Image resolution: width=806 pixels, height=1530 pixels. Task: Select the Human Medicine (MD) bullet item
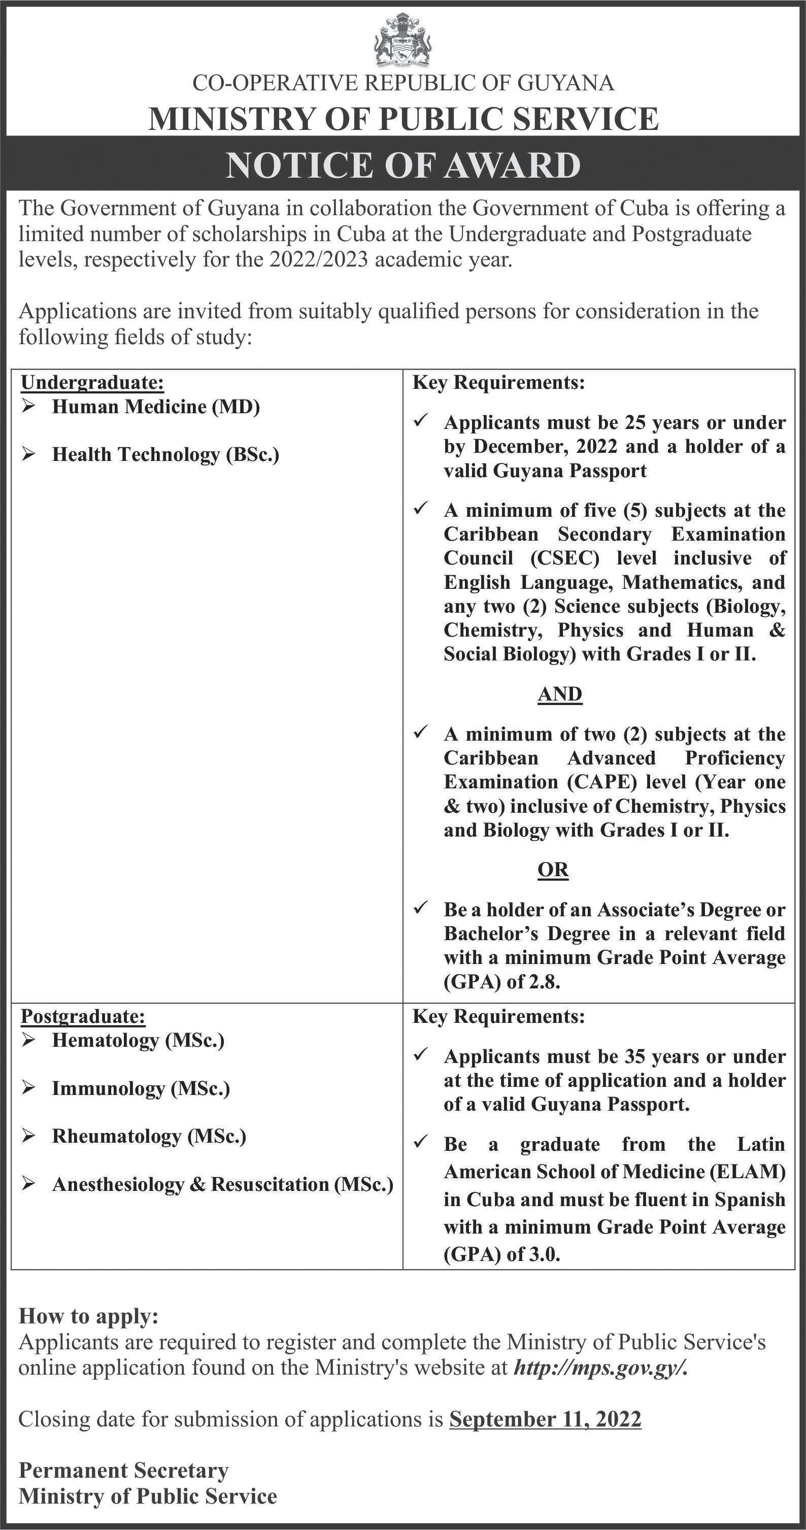pyautogui.click(x=156, y=407)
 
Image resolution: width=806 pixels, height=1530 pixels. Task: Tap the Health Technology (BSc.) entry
pyautogui.click(x=165, y=454)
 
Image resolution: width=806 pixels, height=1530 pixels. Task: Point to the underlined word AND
pyautogui.click(x=559, y=694)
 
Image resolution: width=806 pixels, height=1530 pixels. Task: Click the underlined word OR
pyautogui.click(x=553, y=870)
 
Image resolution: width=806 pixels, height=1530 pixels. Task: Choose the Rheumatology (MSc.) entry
pyautogui.click(x=149, y=1136)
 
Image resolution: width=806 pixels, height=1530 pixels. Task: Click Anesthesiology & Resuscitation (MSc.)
pyautogui.click(x=222, y=1184)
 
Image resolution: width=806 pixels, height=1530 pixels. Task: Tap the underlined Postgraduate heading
pyautogui.click(x=83, y=1016)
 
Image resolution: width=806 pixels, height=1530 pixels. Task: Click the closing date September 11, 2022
pyautogui.click(x=545, y=1419)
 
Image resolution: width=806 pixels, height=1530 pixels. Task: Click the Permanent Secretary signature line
pyautogui.click(x=123, y=1470)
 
